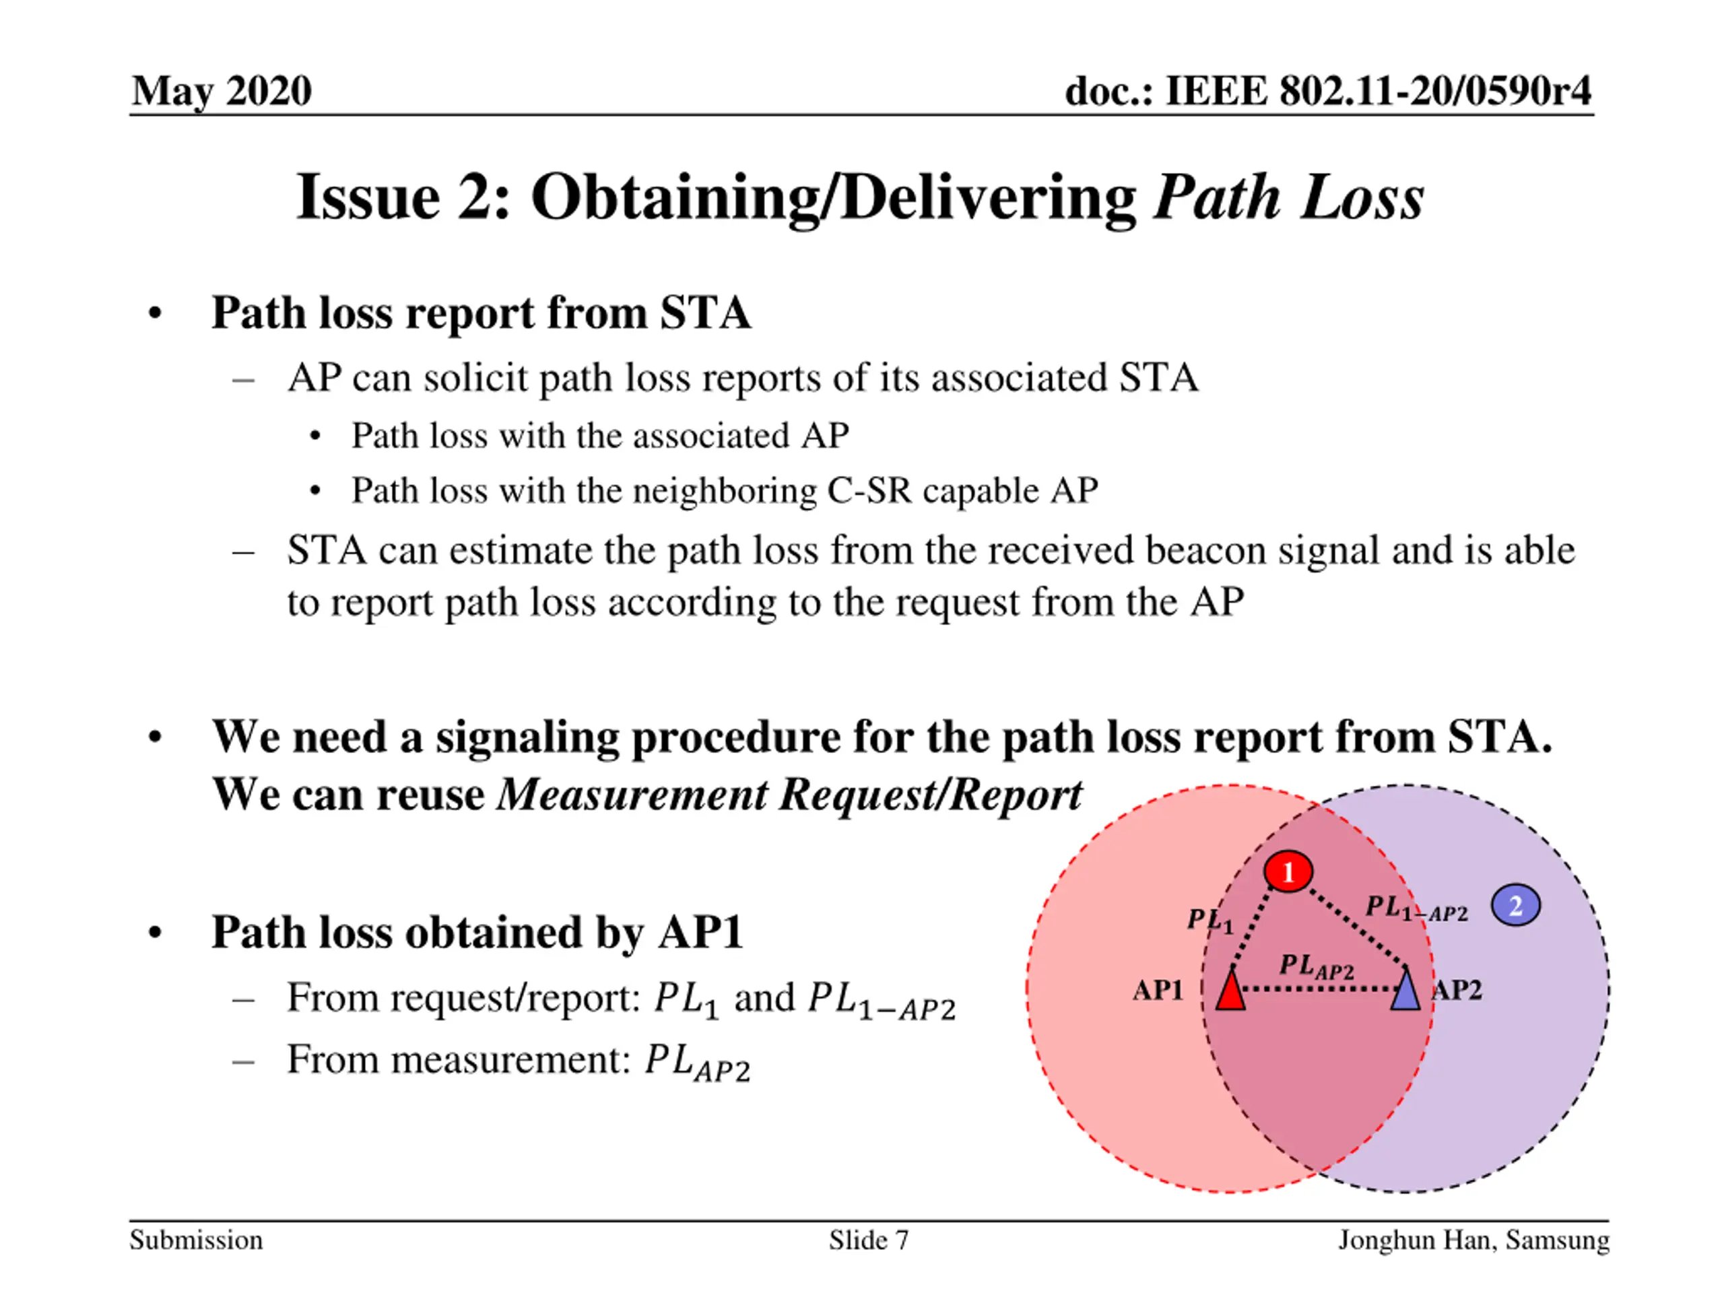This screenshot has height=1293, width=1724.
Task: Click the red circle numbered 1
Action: point(1288,871)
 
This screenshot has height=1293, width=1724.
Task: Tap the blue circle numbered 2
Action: point(1515,906)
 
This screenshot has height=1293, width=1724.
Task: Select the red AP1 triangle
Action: point(1230,991)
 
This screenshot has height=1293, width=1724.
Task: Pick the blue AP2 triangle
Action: point(1405,991)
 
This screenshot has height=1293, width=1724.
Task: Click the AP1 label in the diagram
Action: point(1158,991)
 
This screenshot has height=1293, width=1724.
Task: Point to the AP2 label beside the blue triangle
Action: point(1457,991)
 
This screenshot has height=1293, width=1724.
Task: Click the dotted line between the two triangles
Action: point(1317,990)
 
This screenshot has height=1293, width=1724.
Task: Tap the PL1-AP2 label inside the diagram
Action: point(1416,908)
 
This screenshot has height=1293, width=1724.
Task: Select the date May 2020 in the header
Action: point(222,91)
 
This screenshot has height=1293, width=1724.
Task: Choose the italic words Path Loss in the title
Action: point(1288,198)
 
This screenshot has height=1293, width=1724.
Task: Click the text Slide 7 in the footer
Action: point(868,1240)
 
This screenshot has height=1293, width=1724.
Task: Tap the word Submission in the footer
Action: point(197,1240)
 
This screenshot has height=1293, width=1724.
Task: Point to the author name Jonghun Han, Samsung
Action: point(1473,1240)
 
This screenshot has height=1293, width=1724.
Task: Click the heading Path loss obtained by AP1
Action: point(477,932)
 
